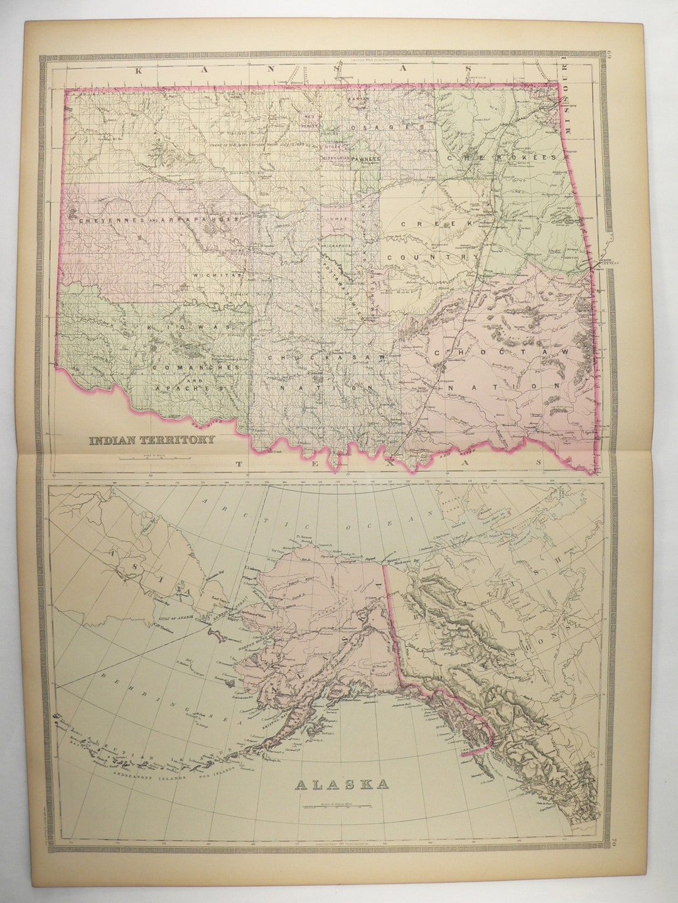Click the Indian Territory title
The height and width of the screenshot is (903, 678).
pyautogui.click(x=153, y=440)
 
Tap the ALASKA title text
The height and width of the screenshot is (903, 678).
pyautogui.click(x=342, y=784)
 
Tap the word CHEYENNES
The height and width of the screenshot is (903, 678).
pyautogui.click(x=110, y=220)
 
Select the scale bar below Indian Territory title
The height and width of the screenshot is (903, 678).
pyautogui.click(x=153, y=455)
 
